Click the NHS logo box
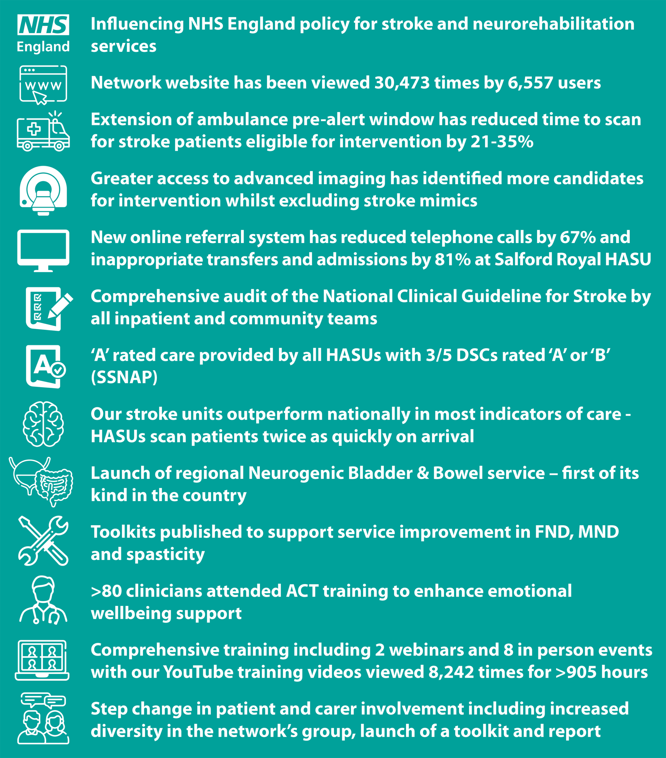tap(43, 25)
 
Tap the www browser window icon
tap(43, 85)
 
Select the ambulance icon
tap(43, 132)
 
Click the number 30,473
tap(402, 83)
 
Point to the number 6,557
tap(530, 83)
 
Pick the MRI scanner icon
tap(43, 190)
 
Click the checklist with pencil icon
tap(48, 309)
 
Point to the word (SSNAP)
tap(124, 377)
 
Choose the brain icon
tap(43, 424)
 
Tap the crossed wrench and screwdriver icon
tap(43, 540)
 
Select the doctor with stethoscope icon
tap(43, 600)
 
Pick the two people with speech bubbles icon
tap(43, 718)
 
